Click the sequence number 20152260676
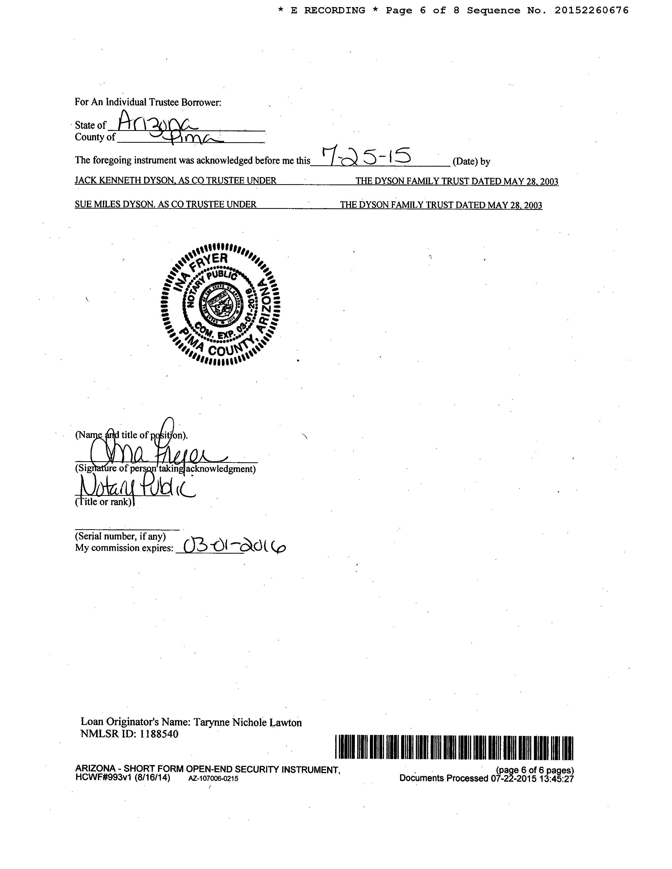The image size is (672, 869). tap(591, 10)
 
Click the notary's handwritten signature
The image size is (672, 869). tap(155, 454)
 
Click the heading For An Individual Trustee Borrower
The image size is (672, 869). tap(148, 102)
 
